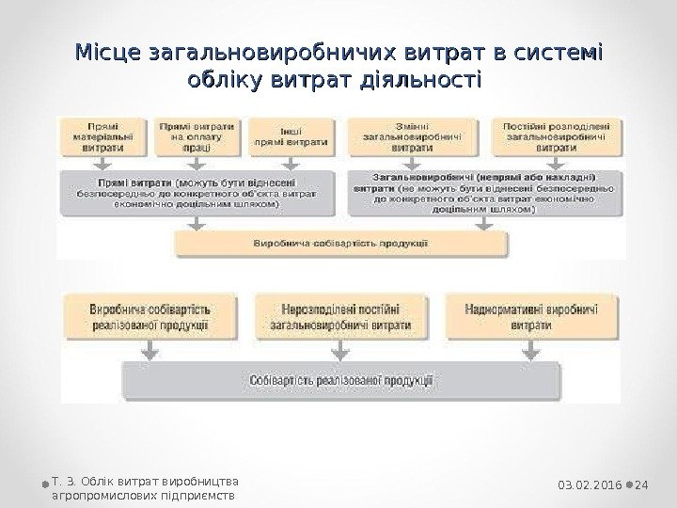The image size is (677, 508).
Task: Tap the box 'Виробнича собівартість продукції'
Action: tap(340, 243)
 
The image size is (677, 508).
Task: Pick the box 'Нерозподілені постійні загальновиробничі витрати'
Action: tap(340, 315)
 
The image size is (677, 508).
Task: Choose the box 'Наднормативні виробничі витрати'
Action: tap(532, 315)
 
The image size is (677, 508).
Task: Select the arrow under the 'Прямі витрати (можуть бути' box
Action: tap(197, 222)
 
